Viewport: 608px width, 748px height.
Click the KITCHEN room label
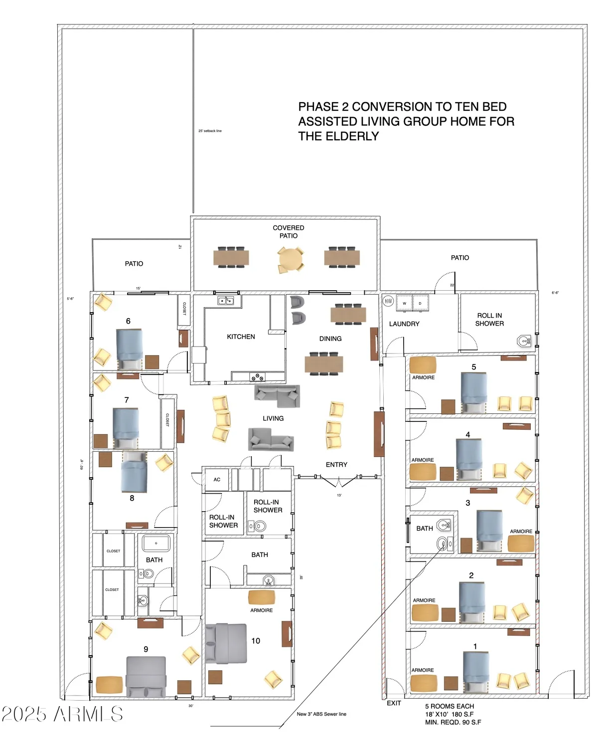[x=241, y=337]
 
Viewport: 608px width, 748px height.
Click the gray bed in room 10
[x=227, y=643]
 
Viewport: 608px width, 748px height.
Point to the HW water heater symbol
[x=388, y=301]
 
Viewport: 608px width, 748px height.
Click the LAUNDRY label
[x=404, y=324]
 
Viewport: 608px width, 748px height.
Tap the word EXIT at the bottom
[x=394, y=703]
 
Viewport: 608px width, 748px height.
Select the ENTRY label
[x=336, y=464]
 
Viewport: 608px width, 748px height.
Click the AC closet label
[x=217, y=480]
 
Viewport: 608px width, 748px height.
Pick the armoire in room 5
[x=423, y=365]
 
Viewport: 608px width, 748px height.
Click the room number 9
[x=146, y=649]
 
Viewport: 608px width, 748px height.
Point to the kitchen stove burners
[x=257, y=377]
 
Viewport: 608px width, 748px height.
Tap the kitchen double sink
[x=225, y=301]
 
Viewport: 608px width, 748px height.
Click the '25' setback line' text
[x=210, y=131]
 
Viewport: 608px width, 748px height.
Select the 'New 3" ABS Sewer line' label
[x=321, y=714]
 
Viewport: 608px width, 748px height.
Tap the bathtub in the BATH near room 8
[x=156, y=543]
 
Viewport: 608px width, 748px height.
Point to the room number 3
[x=467, y=503]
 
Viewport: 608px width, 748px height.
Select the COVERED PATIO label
[x=288, y=231]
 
